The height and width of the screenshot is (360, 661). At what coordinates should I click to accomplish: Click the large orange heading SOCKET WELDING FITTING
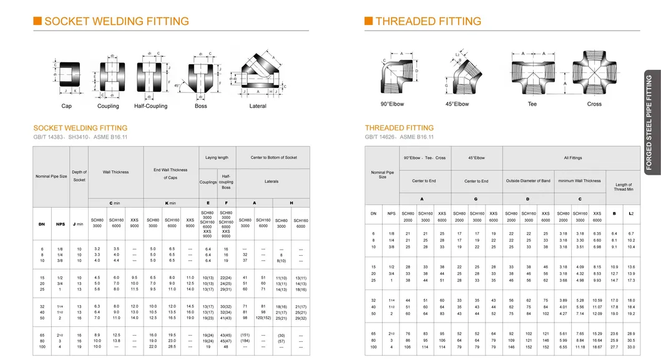[116, 21]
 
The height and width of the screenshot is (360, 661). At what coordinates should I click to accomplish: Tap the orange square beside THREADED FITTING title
[369, 21]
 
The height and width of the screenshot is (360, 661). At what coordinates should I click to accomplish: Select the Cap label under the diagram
[66, 106]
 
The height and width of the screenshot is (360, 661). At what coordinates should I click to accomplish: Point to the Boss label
[200, 106]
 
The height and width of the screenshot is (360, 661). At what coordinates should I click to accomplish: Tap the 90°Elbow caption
[393, 104]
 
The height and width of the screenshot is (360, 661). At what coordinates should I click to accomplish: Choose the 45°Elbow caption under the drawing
[457, 104]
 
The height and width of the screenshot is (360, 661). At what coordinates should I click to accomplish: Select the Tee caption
[532, 104]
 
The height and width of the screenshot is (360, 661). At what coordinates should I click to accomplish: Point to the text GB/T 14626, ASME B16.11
[399, 137]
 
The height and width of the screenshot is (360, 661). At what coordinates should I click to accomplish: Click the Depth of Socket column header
[79, 176]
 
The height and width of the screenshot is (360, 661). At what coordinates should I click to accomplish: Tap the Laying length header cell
[217, 158]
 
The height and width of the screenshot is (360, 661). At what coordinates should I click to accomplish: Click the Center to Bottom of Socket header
[273, 158]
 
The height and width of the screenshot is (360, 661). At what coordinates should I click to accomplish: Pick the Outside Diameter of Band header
[527, 181]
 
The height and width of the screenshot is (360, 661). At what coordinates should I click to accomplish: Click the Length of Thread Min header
[623, 187]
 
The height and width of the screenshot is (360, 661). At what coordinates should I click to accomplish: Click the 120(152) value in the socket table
[263, 318]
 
